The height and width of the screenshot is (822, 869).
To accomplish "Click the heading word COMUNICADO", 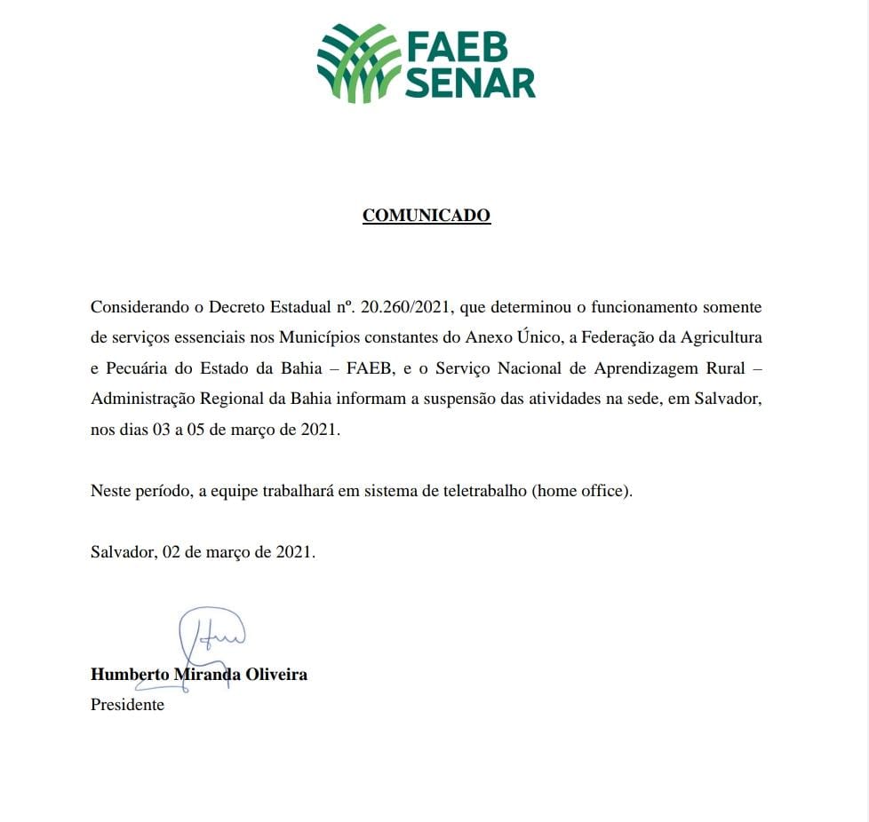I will click(427, 216).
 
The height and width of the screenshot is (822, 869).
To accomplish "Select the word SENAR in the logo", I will click(471, 82).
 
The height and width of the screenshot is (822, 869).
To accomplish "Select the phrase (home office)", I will click(583, 491).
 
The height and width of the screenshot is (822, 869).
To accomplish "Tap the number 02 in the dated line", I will click(172, 551).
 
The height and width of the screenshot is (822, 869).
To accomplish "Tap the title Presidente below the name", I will click(127, 705).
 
